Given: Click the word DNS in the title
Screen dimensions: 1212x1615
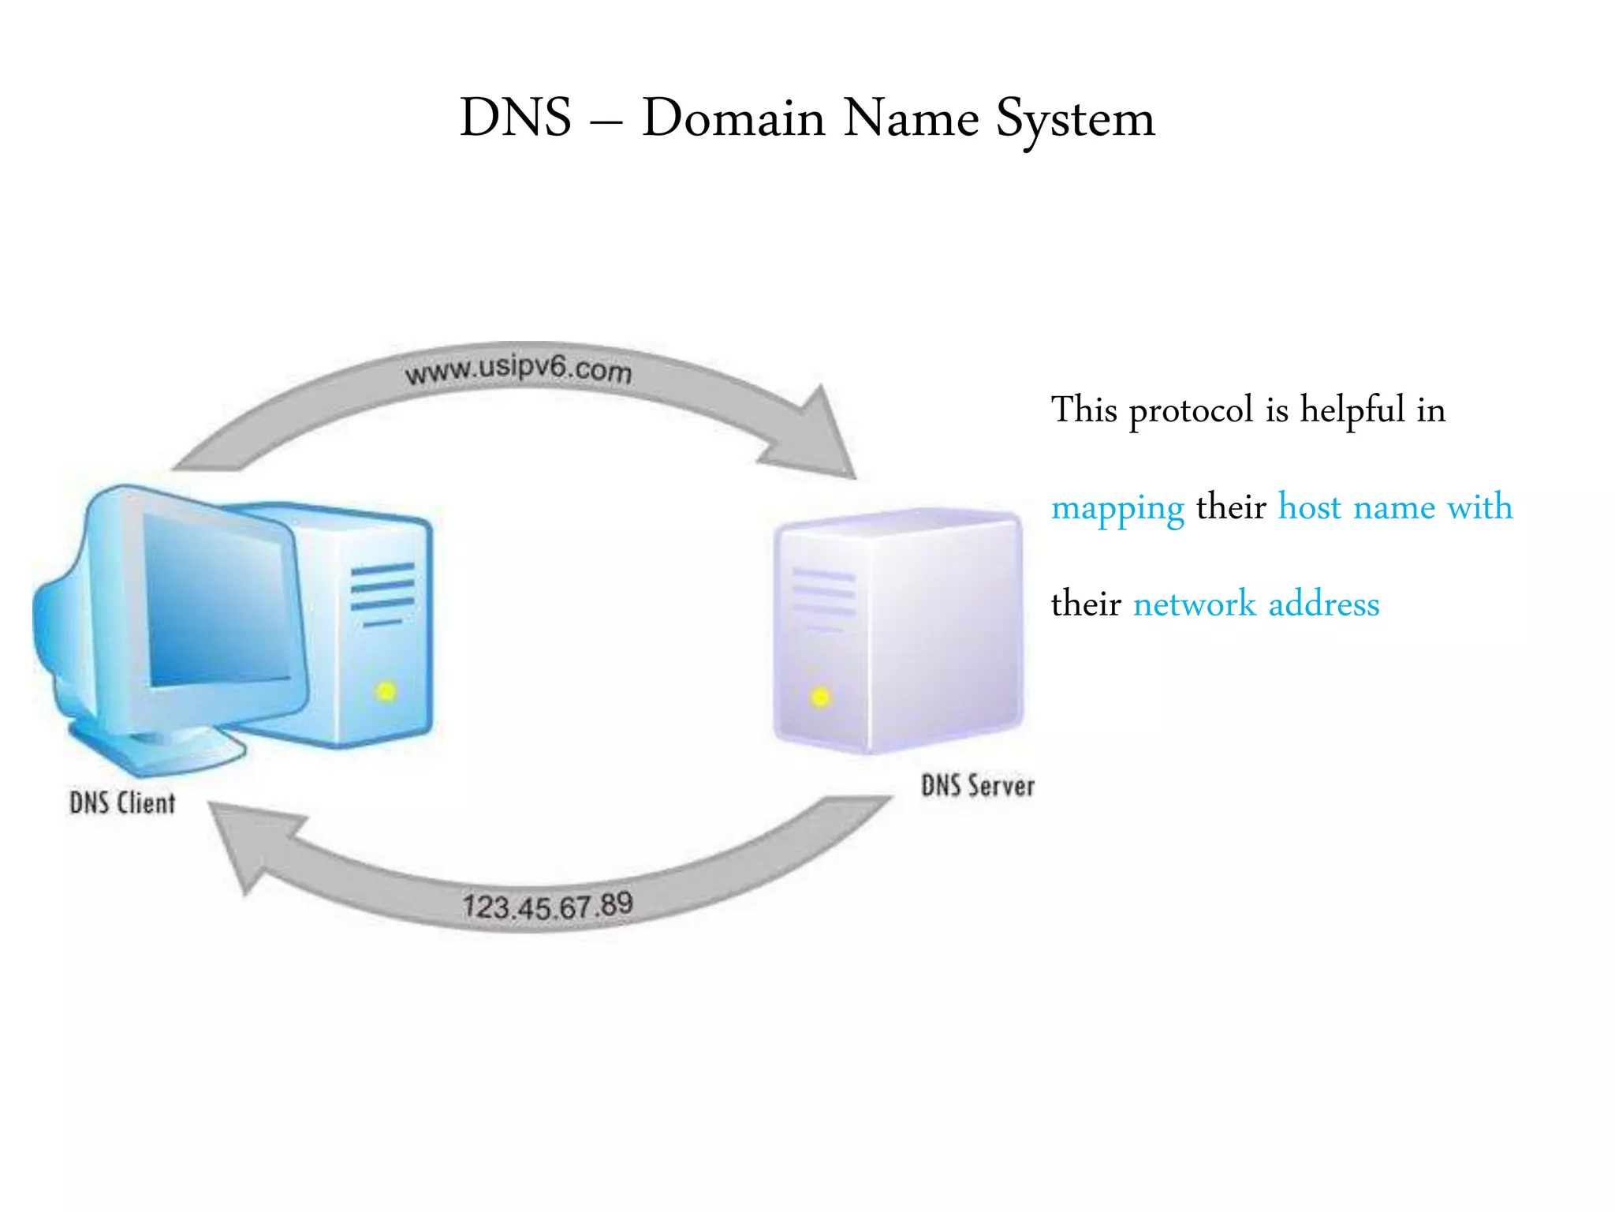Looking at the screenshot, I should [x=515, y=118].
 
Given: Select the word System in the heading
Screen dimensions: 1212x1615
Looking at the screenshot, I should [x=1075, y=120].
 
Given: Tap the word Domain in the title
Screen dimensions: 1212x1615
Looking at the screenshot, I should [x=733, y=118].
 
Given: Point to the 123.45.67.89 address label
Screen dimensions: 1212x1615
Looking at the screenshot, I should [x=547, y=906].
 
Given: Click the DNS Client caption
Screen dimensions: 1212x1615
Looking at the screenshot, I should [x=122, y=803].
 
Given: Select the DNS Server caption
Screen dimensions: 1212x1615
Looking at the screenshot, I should [x=977, y=786].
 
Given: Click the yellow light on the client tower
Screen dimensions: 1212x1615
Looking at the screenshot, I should [x=386, y=692].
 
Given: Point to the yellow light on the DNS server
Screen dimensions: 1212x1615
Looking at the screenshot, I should [x=820, y=698].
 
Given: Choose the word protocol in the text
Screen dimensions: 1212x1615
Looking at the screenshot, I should [x=1191, y=411].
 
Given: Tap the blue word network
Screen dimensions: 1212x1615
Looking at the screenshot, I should [x=1194, y=604].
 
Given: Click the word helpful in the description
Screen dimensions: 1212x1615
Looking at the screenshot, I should [x=1352, y=411].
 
